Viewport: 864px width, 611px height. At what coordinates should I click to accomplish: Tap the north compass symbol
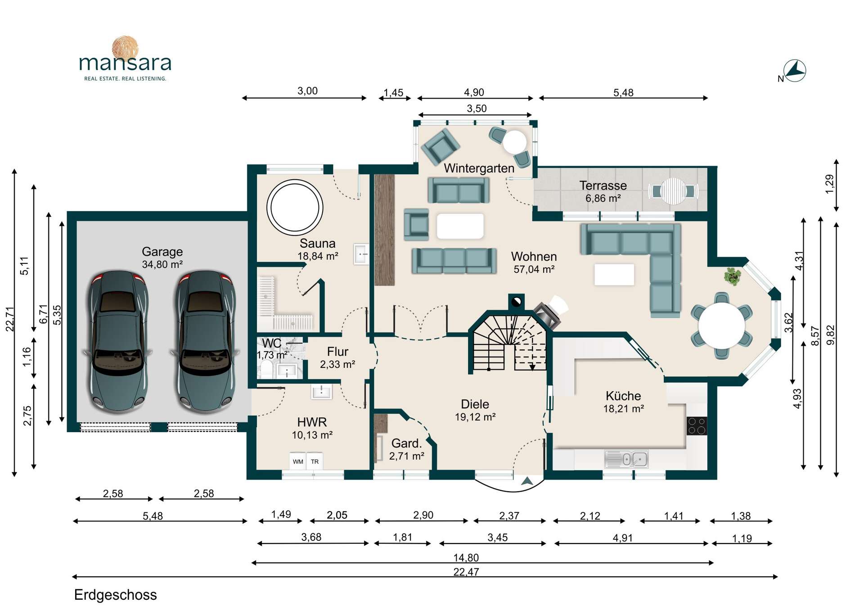[x=795, y=71]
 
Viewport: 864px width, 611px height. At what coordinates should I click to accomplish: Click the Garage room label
[x=162, y=252]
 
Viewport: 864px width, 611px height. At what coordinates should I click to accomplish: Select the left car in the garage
[x=118, y=341]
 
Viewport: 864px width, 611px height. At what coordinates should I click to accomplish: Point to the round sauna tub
[x=295, y=208]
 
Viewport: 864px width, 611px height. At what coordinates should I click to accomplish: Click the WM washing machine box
[x=298, y=461]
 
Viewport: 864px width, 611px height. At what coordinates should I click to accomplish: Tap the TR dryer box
[x=315, y=461]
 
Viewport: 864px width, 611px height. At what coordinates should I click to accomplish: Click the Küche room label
[x=623, y=396]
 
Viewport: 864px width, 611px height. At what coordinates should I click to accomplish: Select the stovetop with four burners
[x=697, y=425]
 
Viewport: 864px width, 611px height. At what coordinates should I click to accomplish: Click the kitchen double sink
[x=626, y=459]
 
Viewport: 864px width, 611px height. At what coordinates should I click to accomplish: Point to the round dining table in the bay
[x=721, y=326]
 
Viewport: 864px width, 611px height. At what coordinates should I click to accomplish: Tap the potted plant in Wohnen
[x=733, y=276]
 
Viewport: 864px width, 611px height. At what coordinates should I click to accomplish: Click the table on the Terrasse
[x=673, y=191]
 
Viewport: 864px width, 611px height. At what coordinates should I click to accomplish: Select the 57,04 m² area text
[x=534, y=269]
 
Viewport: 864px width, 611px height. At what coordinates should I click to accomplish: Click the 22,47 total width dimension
[x=466, y=572]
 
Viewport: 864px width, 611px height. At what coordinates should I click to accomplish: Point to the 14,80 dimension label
[x=466, y=557]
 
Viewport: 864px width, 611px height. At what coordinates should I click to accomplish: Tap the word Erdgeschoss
[x=115, y=595]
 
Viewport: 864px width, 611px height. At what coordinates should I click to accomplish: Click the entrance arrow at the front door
[x=527, y=481]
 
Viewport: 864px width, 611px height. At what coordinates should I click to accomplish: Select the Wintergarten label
[x=479, y=168]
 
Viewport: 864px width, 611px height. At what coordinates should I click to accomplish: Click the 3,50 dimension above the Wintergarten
[x=477, y=109]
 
